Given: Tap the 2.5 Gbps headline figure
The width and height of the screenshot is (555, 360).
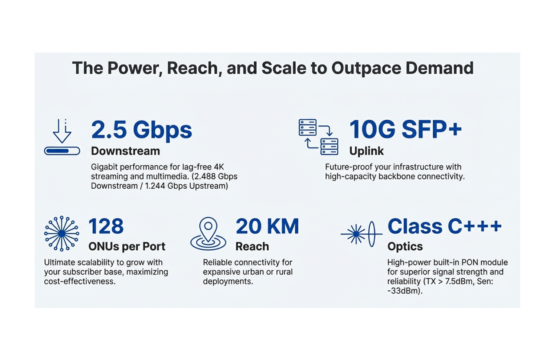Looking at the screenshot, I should tap(141, 130).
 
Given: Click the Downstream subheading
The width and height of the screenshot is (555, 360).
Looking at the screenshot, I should tap(125, 151).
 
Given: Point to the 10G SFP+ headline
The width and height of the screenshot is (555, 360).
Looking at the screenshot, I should tap(405, 130).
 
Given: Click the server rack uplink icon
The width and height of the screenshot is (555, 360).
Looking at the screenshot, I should tap(318, 137).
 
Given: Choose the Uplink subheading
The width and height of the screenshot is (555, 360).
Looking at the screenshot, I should tap(366, 151).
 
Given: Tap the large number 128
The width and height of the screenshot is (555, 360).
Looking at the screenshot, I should tap(106, 226).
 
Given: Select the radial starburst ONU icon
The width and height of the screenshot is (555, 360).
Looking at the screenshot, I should tap(62, 233).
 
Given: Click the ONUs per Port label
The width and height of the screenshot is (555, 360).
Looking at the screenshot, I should tap(127, 246).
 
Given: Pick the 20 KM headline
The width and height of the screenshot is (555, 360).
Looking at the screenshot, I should tap(267, 226).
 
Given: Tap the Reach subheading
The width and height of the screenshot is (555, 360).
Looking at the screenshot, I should tap(252, 246).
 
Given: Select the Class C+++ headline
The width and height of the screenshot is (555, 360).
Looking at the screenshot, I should tap(444, 226).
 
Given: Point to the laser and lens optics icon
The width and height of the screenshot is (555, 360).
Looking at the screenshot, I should tap(361, 234).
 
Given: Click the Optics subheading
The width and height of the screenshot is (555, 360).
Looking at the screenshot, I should tap(405, 246).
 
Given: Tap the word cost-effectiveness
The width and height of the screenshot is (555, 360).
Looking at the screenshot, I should tap(80, 281).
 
